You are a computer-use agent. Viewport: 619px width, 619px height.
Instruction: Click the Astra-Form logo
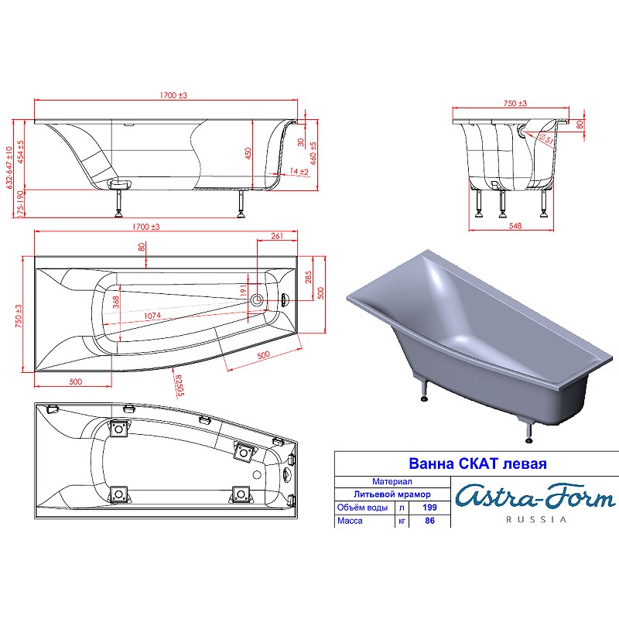click(535, 497)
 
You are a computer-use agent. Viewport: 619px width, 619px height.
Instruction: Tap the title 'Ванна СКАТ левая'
click(477, 463)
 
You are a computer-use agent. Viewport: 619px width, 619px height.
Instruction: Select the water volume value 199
click(429, 508)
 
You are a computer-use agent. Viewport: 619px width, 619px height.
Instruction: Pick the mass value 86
click(430, 521)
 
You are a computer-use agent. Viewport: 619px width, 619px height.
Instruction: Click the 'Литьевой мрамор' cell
click(392, 494)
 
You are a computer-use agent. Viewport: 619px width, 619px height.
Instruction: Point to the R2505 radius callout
click(180, 385)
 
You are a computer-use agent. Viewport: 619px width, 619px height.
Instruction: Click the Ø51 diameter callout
click(545, 139)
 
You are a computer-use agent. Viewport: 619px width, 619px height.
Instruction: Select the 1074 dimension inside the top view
click(152, 316)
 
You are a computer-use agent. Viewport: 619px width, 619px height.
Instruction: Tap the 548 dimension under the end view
click(515, 226)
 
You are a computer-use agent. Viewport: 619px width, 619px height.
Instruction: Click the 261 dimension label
click(277, 236)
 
